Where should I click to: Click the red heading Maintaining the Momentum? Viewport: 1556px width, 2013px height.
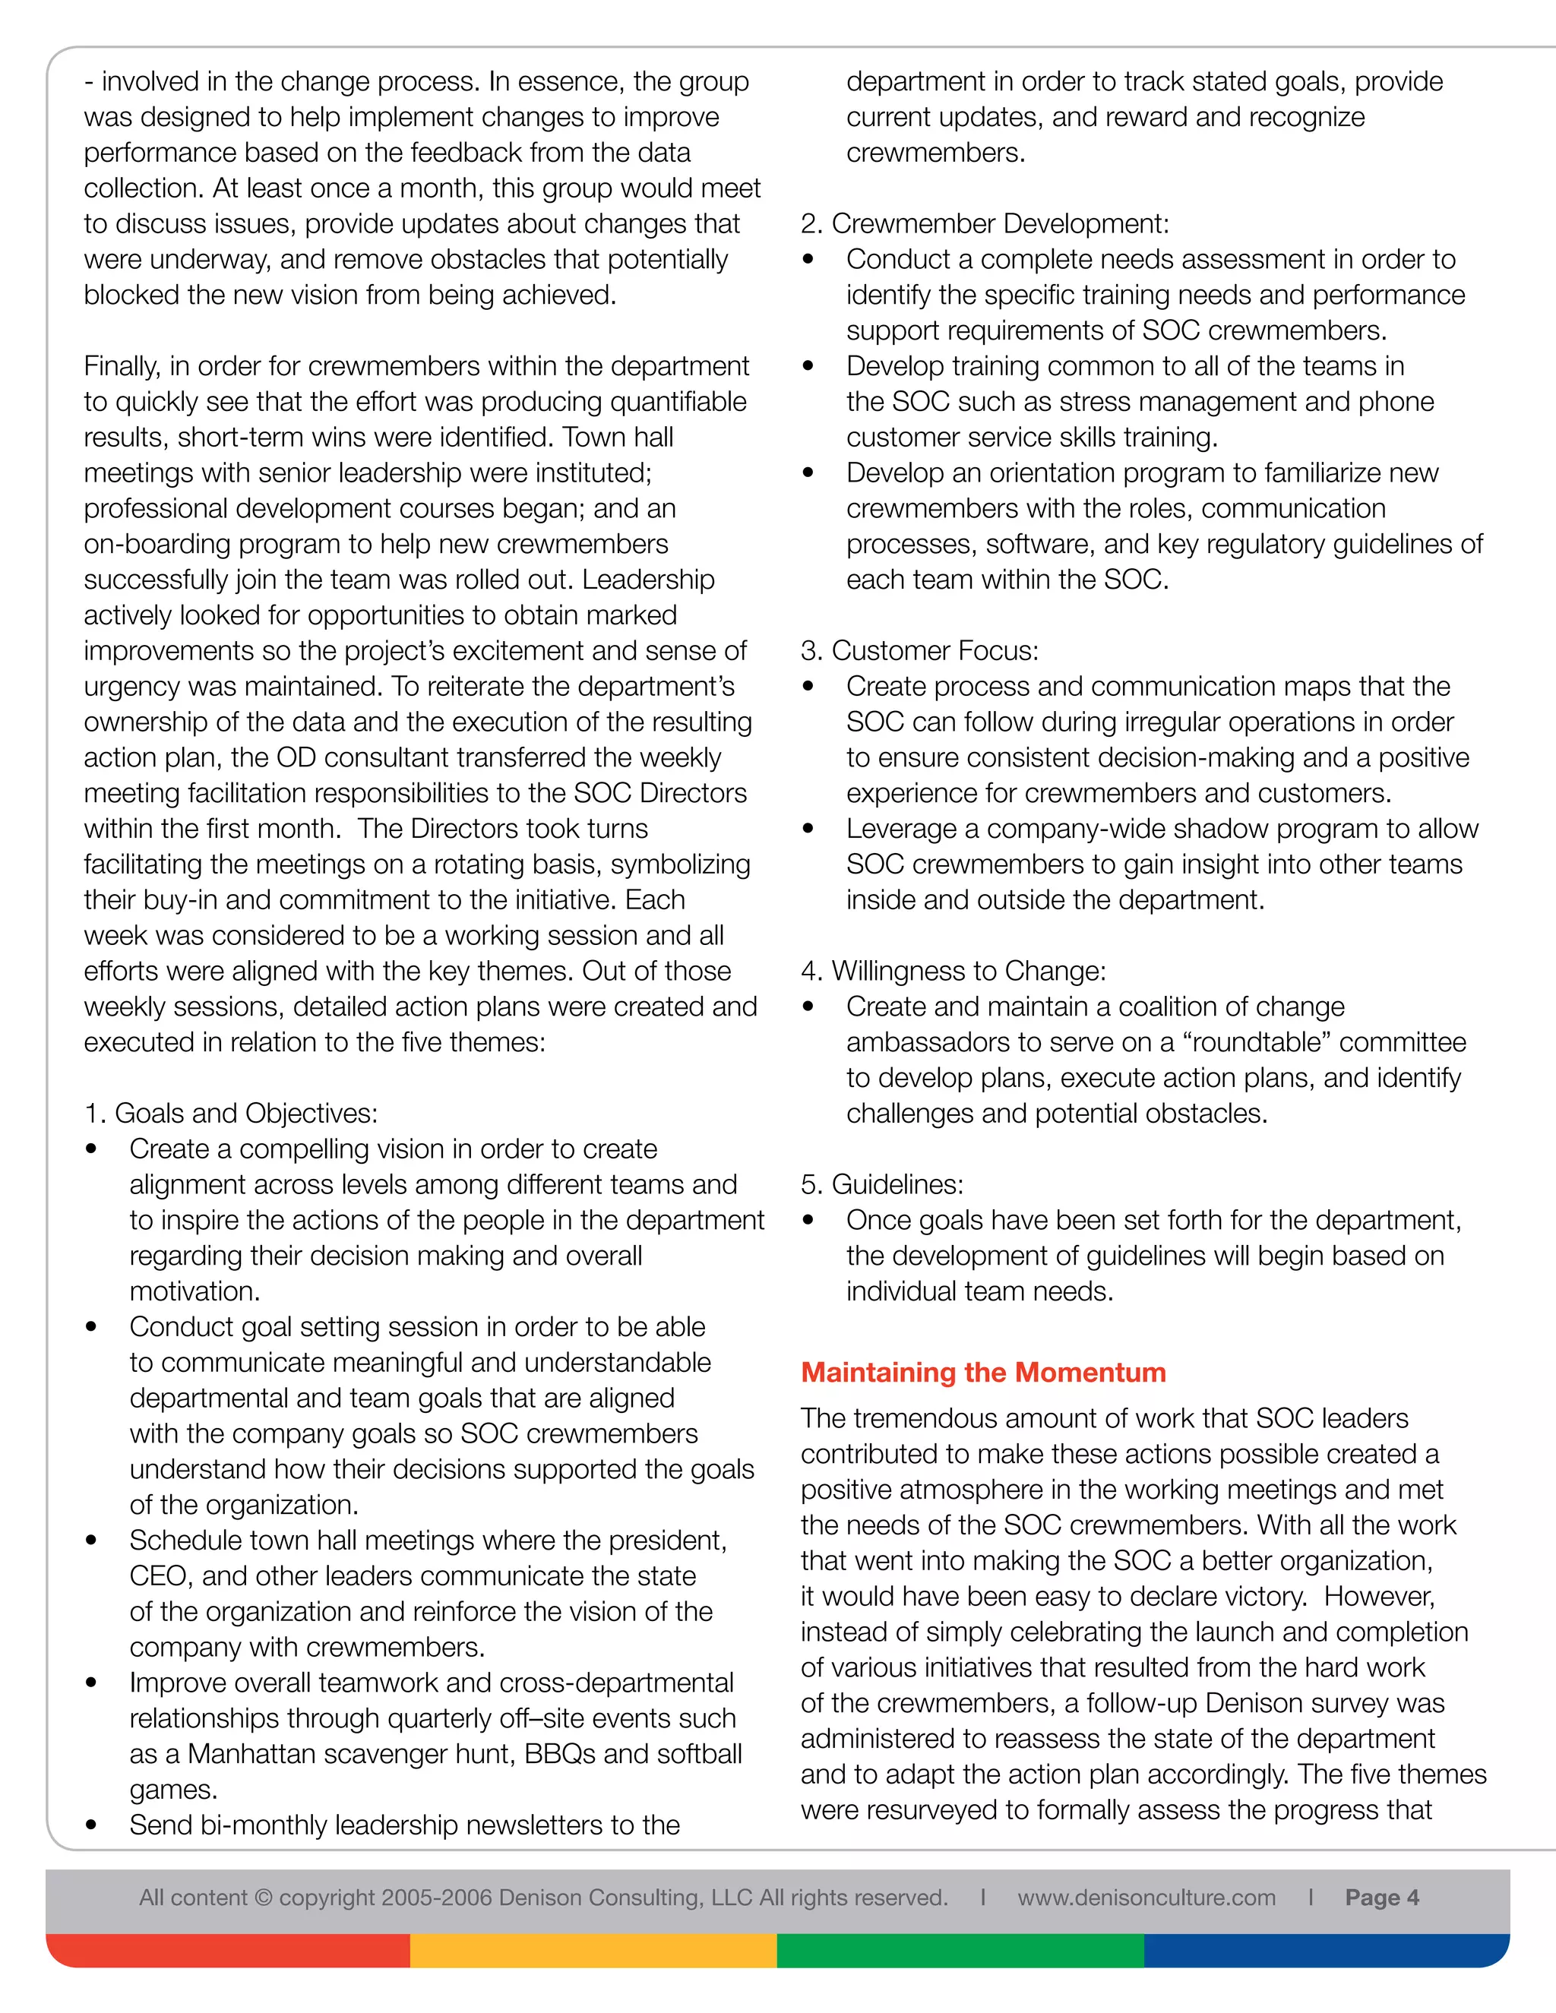pyautogui.click(x=982, y=1373)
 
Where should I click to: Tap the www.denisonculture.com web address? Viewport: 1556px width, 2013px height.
pyautogui.click(x=1146, y=1898)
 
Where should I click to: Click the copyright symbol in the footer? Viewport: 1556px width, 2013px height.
pyautogui.click(x=264, y=1898)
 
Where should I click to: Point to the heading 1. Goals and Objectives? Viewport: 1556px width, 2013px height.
pyautogui.click(x=230, y=1114)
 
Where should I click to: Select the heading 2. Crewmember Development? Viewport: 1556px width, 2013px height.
pyautogui.click(x=985, y=224)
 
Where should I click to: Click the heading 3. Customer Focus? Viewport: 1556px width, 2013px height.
pyautogui.click(x=919, y=651)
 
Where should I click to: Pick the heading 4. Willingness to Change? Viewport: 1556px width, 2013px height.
pyautogui.click(x=954, y=972)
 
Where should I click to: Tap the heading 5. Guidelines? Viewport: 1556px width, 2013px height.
pyautogui.click(x=882, y=1184)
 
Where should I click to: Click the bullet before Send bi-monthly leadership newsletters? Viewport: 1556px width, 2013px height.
pyautogui.click(x=90, y=1825)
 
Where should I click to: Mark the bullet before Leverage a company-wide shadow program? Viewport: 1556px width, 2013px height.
pyautogui.click(x=808, y=829)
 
